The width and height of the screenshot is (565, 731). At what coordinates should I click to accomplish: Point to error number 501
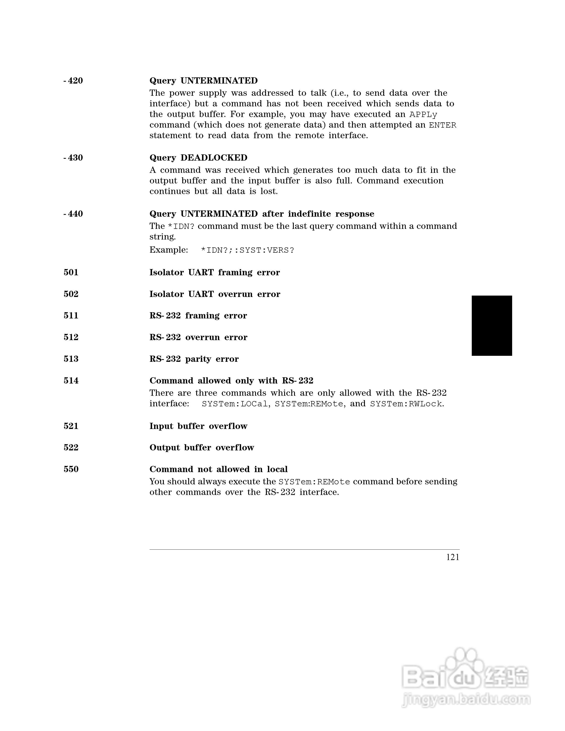coord(71,273)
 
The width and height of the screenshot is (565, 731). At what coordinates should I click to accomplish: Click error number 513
coord(71,359)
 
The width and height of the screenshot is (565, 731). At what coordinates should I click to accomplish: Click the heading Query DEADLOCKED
coord(198,158)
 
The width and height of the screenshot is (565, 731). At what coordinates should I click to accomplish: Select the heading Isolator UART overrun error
coord(215,294)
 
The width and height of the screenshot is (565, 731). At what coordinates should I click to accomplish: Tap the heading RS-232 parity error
coord(194,359)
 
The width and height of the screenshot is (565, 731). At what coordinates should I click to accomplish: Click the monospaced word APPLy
coord(423,114)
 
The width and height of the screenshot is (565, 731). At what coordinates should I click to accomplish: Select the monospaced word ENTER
coord(442,125)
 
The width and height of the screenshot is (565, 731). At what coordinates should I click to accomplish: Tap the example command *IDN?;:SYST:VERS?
coord(247,250)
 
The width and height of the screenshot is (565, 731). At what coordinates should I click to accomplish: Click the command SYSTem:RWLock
coord(406,404)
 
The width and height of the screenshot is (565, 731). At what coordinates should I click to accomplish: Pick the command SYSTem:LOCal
coord(235,404)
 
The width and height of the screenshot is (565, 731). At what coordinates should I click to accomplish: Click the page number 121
coord(453,557)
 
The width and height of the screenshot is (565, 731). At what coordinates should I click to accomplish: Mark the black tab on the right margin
coord(492,325)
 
